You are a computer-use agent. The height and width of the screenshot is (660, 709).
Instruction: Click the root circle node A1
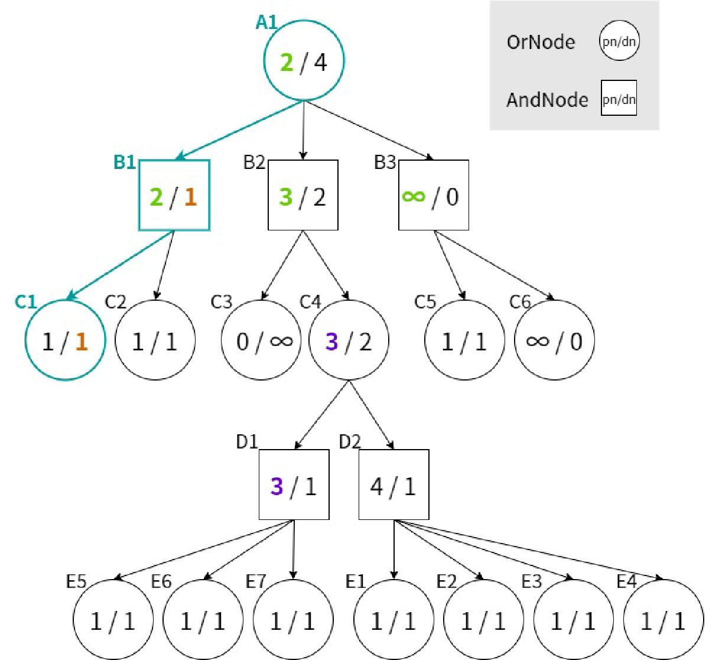point(304,61)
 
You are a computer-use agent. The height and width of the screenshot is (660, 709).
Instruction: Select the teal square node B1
point(174,196)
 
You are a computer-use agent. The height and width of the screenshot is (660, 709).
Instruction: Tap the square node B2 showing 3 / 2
point(303,196)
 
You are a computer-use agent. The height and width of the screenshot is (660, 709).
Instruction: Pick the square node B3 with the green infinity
point(434,196)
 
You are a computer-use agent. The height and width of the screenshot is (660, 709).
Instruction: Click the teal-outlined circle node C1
point(65,341)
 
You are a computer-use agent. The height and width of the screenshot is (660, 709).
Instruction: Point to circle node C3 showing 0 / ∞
point(261,341)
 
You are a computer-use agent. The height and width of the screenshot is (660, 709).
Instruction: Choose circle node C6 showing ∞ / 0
point(554,341)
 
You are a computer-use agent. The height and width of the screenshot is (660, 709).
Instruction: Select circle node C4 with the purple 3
point(349,341)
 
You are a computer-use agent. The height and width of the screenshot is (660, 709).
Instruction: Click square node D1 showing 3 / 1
point(294,485)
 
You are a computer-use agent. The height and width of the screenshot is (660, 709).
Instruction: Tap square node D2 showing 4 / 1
point(394,485)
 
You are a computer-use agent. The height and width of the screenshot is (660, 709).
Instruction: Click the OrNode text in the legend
point(541,42)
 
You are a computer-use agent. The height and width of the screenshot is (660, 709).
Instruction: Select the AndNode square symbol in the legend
point(619,98)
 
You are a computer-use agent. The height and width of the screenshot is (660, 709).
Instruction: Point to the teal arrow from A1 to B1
point(239,131)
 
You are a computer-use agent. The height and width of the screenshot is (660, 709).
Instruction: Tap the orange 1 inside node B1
point(190,197)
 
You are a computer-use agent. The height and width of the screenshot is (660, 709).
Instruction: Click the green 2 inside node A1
point(287,62)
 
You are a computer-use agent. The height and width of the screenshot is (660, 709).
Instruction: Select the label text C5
point(425,302)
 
